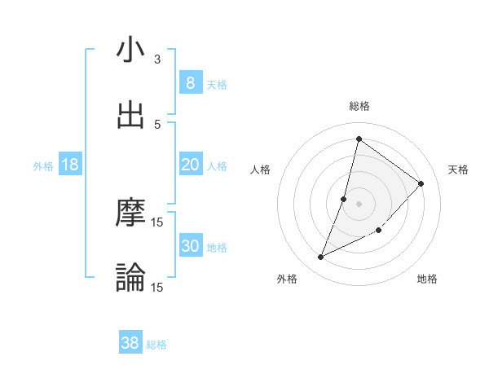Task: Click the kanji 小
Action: pyautogui.click(x=130, y=50)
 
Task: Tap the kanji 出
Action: pyautogui.click(x=130, y=115)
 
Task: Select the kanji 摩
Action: pyautogui.click(x=130, y=214)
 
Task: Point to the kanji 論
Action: pyautogui.click(x=130, y=278)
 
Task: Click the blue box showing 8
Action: pyautogui.click(x=190, y=82)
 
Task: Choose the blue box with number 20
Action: pyautogui.click(x=190, y=165)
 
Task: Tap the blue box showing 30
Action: pyautogui.click(x=190, y=246)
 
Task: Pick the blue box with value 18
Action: pyautogui.click(x=70, y=165)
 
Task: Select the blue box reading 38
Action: pyautogui.click(x=130, y=343)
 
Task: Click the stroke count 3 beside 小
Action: pyautogui.click(x=157, y=59)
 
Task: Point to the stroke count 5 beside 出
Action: pyautogui.click(x=157, y=125)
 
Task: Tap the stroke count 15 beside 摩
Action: pyautogui.click(x=157, y=222)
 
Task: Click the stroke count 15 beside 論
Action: pyautogui.click(x=157, y=288)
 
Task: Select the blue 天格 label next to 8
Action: pyautogui.click(x=217, y=84)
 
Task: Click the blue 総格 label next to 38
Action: pyautogui.click(x=156, y=345)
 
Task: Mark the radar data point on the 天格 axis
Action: pyautogui.click(x=421, y=183)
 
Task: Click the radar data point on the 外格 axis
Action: pyautogui.click(x=321, y=258)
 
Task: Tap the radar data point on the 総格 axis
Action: pyautogui.click(x=359, y=139)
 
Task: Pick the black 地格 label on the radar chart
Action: pyautogui.click(x=427, y=280)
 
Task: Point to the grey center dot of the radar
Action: pyautogui.click(x=359, y=203)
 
